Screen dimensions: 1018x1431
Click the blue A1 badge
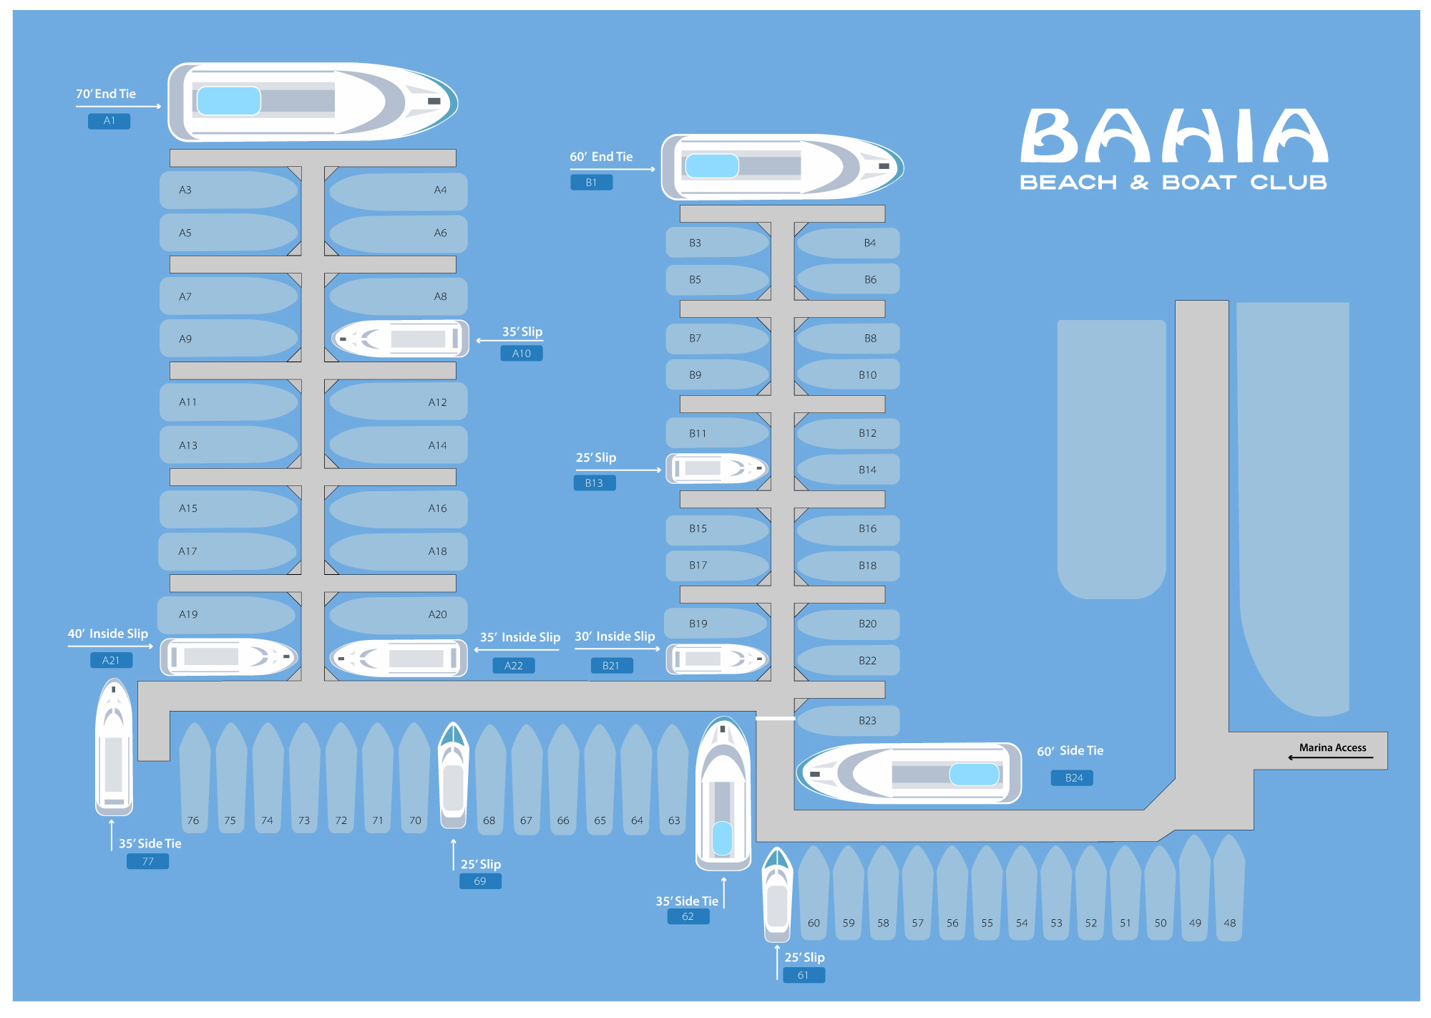(109, 121)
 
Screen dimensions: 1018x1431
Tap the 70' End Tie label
(106, 94)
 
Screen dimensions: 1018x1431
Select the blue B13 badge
(595, 483)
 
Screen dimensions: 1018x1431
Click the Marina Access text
(1332, 747)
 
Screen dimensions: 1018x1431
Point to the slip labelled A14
(398, 445)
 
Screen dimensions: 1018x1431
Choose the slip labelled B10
(849, 375)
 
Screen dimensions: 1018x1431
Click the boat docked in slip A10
(401, 339)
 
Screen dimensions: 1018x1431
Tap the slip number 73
(304, 820)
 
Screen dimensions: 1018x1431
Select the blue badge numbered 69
(480, 881)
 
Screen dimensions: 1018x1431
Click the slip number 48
(1229, 923)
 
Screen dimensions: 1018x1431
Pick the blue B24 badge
(1072, 778)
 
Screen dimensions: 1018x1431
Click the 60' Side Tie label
(1070, 751)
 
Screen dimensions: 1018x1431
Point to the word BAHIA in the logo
(1173, 136)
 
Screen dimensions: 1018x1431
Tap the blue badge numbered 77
(147, 861)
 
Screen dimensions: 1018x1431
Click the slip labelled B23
(849, 721)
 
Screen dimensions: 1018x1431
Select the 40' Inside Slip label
(108, 634)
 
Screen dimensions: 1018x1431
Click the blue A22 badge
(514, 666)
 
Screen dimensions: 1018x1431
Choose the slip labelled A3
(229, 190)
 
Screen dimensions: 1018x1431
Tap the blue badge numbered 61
(804, 975)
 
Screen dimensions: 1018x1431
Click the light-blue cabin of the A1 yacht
(228, 101)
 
